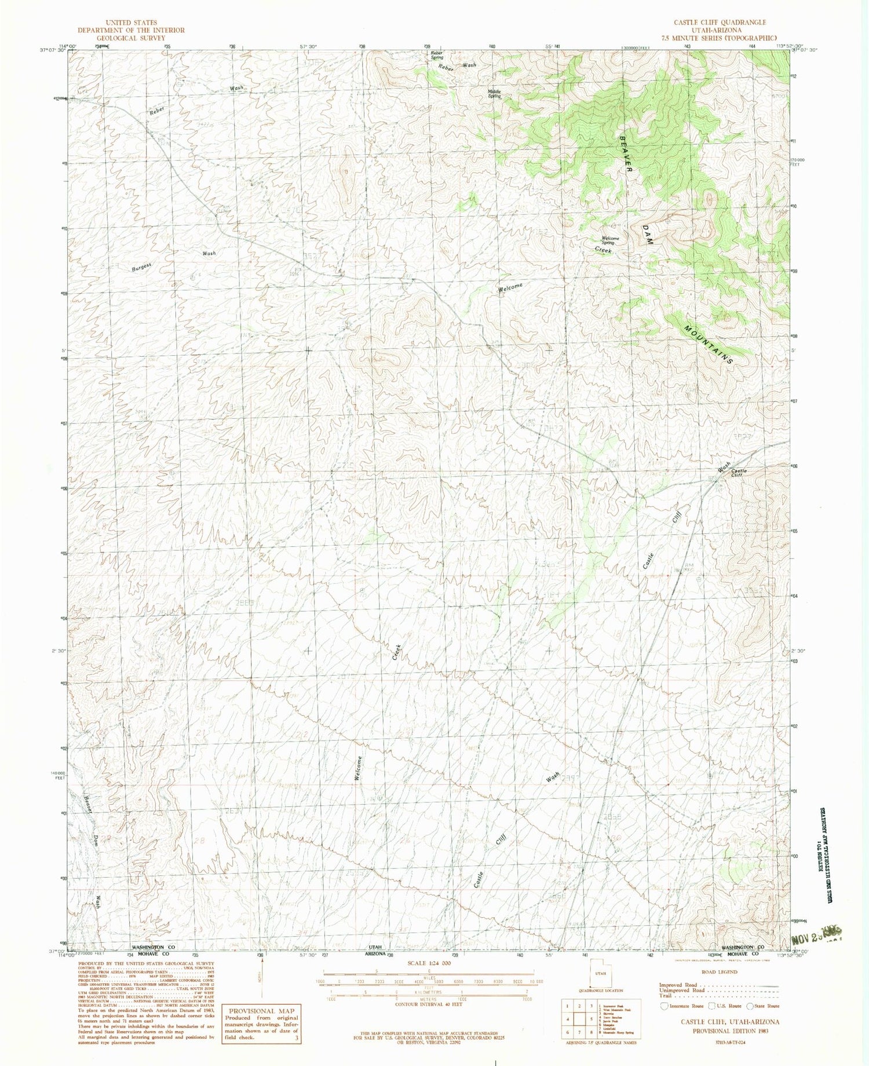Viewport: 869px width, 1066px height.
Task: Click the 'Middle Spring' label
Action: (494, 93)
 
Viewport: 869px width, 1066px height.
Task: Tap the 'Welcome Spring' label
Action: (610, 240)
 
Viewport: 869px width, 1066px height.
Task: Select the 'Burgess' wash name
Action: (141, 268)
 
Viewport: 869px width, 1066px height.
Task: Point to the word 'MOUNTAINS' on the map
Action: (709, 344)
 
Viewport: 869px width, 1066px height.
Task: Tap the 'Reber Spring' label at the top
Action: (436, 55)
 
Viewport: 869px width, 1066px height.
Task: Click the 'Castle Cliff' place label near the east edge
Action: (738, 472)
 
